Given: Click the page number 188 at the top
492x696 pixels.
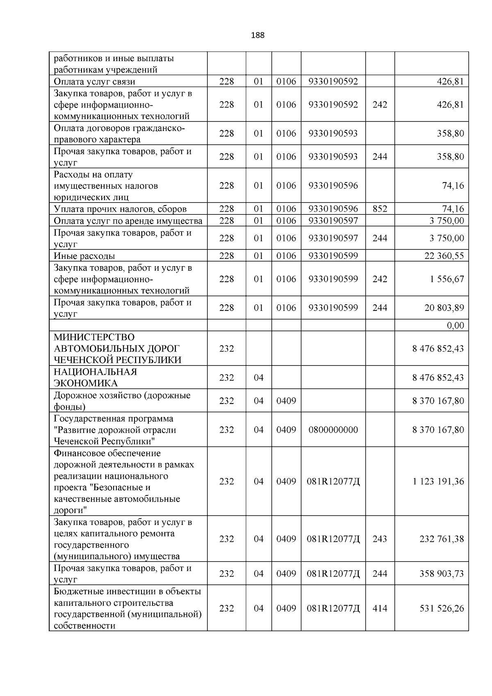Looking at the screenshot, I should coord(257,35).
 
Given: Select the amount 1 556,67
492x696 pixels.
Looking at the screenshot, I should coord(447,279).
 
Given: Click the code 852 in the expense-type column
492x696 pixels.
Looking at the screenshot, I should coord(380,209).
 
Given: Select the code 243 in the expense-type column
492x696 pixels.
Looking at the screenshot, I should coord(380,539).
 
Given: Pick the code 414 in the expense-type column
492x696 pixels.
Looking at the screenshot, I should coord(380,608).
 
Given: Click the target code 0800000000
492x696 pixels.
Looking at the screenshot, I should coord(333,430).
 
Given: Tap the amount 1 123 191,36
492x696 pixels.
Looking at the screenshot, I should coord(438,481).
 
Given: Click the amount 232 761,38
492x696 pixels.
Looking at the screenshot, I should coord(442,539).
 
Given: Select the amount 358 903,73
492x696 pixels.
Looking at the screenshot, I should coord(442,573).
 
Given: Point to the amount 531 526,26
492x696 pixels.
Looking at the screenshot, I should coord(442,608).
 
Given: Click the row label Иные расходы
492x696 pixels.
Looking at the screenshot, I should coord(84,256).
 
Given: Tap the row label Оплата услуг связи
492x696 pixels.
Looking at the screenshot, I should coord(94,82).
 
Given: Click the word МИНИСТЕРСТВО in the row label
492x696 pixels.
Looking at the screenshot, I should coord(94,337).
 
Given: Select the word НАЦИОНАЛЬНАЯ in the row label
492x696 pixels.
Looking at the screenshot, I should coord(96,372).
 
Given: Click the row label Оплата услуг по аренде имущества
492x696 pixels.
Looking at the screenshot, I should coord(128,221).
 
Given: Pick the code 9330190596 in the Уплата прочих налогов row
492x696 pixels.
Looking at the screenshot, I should coord(333,209).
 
